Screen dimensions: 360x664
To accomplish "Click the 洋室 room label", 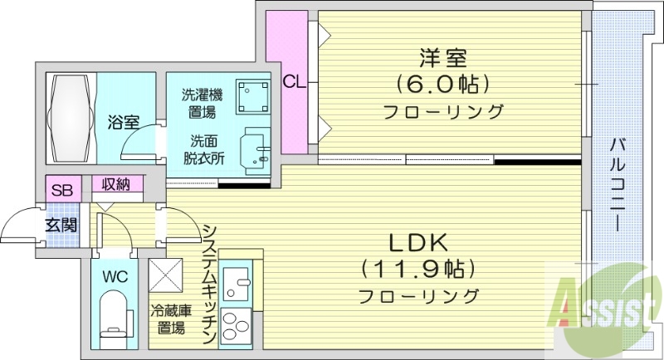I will click(443, 59).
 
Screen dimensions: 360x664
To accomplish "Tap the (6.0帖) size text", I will click(443, 84).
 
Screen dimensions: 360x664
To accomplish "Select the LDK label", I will click(419, 243).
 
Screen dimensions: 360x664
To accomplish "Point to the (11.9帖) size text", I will click(418, 268).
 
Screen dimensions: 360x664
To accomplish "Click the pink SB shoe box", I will click(61, 189).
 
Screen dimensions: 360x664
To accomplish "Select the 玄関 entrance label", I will click(61, 224).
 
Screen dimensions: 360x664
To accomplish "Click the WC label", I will click(114, 276).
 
